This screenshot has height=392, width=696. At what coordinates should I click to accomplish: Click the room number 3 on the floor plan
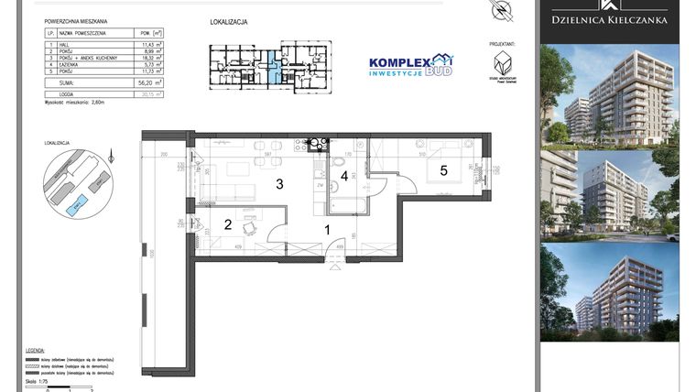(280, 184)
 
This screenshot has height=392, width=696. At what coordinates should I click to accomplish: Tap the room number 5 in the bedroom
(442, 170)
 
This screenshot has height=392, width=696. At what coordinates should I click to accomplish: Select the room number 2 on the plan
(228, 224)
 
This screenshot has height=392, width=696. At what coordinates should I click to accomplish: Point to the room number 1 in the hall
(327, 232)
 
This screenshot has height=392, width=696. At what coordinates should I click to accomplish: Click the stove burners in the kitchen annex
(318, 144)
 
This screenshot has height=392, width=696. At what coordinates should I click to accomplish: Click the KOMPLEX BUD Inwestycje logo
(409, 66)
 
